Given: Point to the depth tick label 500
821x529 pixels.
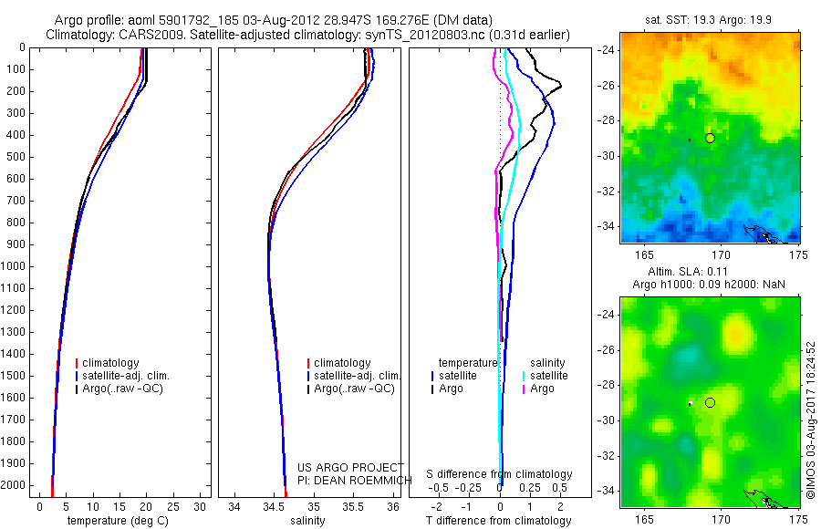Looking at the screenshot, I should (x=15, y=157).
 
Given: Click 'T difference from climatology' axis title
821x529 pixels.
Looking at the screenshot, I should (x=499, y=521).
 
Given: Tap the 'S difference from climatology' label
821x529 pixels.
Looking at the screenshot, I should (x=499, y=474).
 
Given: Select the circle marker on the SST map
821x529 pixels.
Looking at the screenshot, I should (x=710, y=138).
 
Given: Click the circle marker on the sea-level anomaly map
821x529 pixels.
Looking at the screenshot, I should (x=710, y=402).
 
